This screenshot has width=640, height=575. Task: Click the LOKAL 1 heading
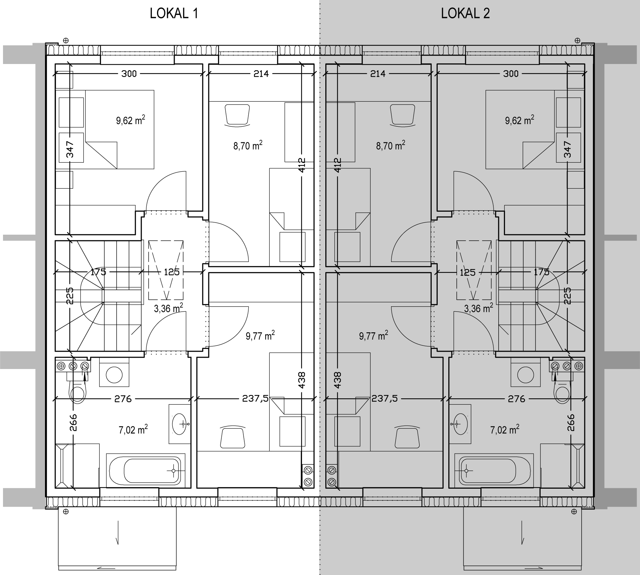(174, 14)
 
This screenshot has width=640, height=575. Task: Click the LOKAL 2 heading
(465, 14)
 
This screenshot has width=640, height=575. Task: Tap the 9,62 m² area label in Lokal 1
(131, 120)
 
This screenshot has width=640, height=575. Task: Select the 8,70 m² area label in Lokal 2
(391, 146)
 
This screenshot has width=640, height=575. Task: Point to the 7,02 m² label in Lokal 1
(133, 430)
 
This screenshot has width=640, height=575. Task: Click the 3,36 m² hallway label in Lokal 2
(479, 308)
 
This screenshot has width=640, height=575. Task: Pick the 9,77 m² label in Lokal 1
(260, 336)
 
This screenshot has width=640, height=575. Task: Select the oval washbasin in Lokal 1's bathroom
(180, 424)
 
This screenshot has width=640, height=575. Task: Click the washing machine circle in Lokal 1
(114, 375)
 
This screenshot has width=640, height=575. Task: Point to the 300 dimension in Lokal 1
(129, 73)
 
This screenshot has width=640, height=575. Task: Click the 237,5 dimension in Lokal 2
(384, 398)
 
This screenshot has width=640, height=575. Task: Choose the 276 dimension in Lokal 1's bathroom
(123, 398)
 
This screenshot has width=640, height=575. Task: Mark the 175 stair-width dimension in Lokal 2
(541, 272)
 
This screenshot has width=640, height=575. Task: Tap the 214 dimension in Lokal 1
(261, 73)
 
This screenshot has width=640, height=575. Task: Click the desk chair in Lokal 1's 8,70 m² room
(237, 115)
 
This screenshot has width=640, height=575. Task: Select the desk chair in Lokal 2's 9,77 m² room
(407, 437)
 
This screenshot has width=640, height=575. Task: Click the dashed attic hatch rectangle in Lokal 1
(166, 270)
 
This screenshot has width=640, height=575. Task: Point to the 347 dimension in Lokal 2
(568, 149)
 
